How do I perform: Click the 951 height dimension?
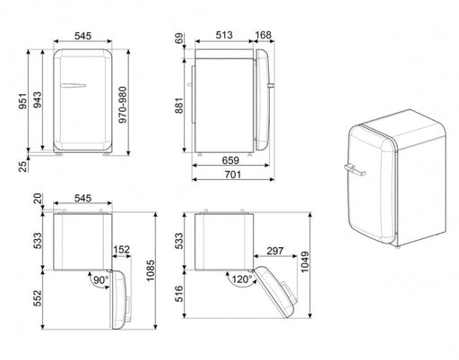23,101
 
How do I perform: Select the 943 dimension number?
38,100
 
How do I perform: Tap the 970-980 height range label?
123,105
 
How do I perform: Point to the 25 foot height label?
23,166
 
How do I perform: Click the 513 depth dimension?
224,35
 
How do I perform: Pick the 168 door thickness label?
263,35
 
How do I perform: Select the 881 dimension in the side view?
178,106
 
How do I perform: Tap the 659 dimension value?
230,160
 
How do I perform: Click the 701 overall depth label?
233,175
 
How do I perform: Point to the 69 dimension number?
179,39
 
